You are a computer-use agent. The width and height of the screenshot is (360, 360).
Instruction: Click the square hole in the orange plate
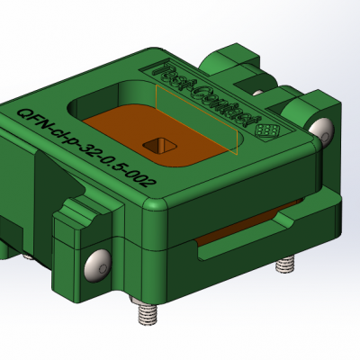163,143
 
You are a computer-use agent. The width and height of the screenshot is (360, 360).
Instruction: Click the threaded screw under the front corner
143,314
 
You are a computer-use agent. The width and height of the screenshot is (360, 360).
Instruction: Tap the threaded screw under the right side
284,267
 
